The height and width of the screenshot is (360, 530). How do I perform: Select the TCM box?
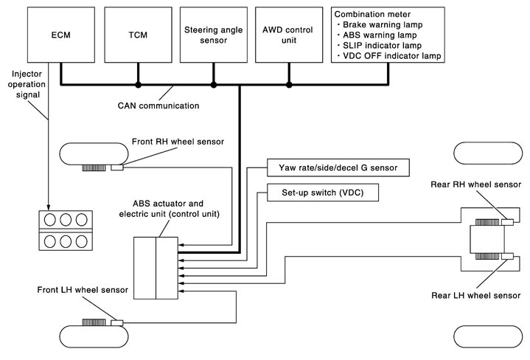tap(137, 36)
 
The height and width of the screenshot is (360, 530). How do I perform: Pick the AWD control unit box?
tap(289, 36)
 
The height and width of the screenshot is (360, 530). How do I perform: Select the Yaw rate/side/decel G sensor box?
tap(337, 168)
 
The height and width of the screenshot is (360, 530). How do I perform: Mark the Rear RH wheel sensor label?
tap(475, 184)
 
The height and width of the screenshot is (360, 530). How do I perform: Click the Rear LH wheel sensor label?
tap(475, 295)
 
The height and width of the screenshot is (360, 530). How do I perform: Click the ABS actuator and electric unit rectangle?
tap(156, 269)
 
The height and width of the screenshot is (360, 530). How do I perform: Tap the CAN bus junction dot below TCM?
tap(138, 85)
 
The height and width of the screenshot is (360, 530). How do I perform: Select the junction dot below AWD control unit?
tap(289, 85)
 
